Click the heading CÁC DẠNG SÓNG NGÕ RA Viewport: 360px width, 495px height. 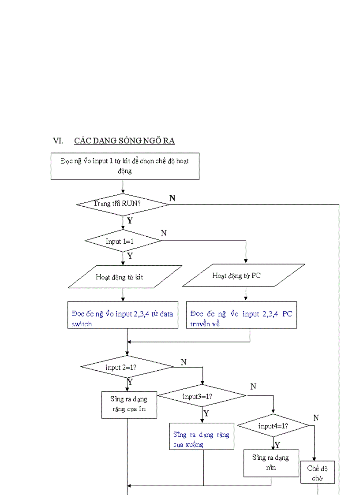124,141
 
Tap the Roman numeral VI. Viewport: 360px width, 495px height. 58,141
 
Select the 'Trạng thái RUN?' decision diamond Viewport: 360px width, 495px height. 123,204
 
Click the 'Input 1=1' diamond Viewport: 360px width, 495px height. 123,241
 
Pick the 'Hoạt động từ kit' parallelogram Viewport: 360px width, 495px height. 124,277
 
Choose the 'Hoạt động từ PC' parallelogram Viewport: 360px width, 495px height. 243,275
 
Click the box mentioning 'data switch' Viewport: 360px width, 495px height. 123,315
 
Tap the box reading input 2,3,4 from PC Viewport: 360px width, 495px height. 241,315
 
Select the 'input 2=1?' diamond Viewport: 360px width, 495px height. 127,367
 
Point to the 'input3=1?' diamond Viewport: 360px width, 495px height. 202,396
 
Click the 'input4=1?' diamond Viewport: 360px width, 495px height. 273,426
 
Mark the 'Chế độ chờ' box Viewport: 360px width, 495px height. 317,473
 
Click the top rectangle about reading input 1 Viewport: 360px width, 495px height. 125,166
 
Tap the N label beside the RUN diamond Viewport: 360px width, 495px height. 172,198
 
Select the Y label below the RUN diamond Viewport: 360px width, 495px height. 130,221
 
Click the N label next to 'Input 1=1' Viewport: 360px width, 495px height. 164,233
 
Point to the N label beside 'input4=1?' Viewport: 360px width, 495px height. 316,417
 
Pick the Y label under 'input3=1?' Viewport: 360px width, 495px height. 206,413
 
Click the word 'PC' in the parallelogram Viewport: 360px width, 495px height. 256,275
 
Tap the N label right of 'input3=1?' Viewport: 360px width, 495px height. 253,387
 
